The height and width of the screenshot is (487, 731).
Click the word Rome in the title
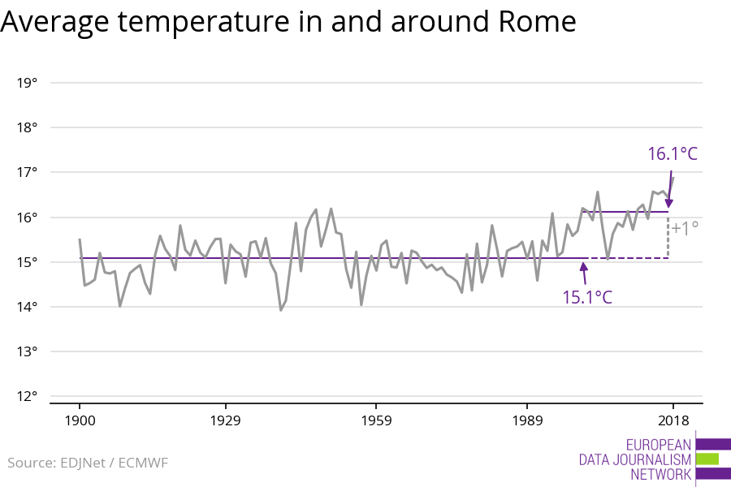[531, 22]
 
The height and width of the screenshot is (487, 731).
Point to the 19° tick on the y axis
[27, 83]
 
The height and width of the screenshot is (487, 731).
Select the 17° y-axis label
[27, 172]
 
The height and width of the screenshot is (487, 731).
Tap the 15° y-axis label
[27, 262]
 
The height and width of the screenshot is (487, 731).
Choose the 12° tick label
[27, 396]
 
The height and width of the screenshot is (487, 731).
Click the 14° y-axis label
[27, 307]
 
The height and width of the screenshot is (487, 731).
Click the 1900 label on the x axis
[80, 420]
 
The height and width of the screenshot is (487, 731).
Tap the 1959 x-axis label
[375, 420]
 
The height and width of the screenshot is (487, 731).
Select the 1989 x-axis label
[527, 420]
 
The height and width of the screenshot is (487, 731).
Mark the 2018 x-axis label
[673, 420]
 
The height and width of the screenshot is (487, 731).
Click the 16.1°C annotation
[673, 154]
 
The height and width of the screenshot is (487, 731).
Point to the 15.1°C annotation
[587, 296]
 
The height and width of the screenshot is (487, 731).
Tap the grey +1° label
[685, 228]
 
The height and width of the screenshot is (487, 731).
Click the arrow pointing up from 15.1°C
[583, 272]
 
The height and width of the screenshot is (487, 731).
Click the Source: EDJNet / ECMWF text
[88, 463]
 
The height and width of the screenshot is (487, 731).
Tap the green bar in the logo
[707, 459]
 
